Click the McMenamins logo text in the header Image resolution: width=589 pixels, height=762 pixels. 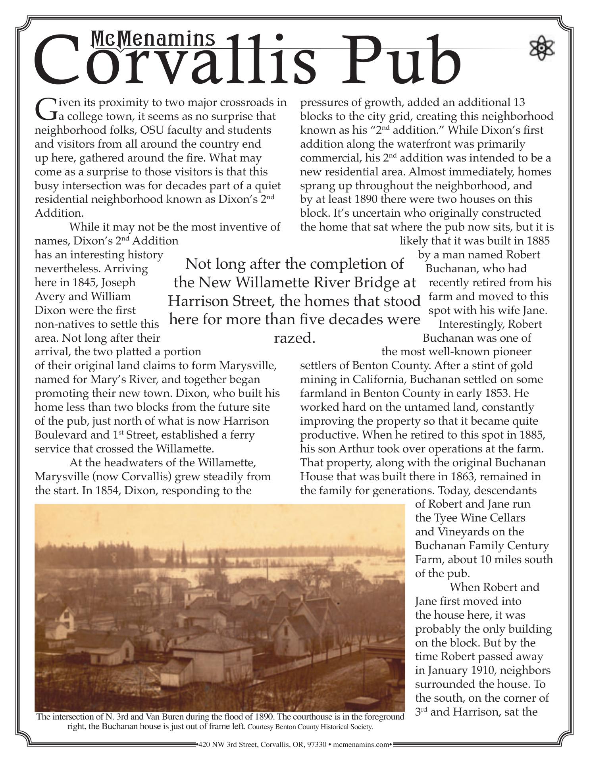[x=153, y=39]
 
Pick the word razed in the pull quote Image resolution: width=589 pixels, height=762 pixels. [x=294, y=338]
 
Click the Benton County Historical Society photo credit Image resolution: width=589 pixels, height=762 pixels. [x=310, y=727]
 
